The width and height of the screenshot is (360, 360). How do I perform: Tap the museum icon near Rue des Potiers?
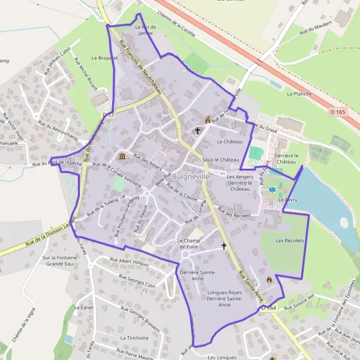(x=122, y=157)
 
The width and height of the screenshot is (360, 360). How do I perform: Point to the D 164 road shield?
(x=268, y=308)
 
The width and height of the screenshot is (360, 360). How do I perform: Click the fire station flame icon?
(x=269, y=280)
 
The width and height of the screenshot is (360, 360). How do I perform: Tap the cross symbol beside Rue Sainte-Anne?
(x=224, y=246)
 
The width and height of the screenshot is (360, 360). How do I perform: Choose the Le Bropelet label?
(x=101, y=58)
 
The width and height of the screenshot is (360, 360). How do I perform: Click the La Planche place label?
(x=298, y=94)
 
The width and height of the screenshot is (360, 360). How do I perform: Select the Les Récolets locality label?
(x=290, y=241)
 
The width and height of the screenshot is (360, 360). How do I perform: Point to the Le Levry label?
(x=285, y=200)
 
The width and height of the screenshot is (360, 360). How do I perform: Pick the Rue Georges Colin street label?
(x=137, y=281)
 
